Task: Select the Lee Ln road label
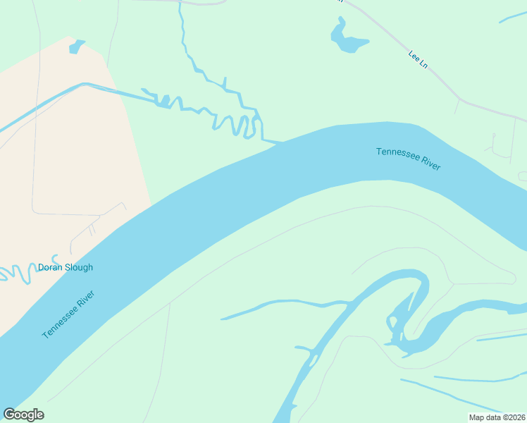[418, 59]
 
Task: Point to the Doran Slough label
[65, 267]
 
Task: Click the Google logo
[23, 415]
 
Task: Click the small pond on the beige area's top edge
[75, 47]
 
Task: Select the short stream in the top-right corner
[513, 16]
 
